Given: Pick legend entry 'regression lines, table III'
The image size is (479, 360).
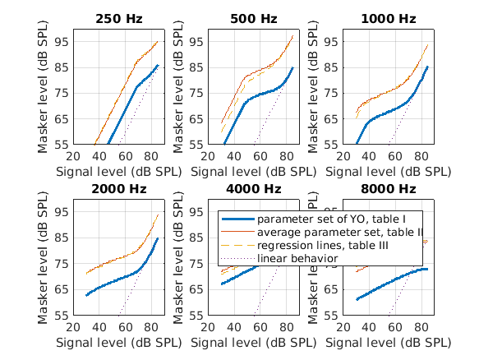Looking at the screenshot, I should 329,246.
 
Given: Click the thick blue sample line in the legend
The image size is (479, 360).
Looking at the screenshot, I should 237,220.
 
